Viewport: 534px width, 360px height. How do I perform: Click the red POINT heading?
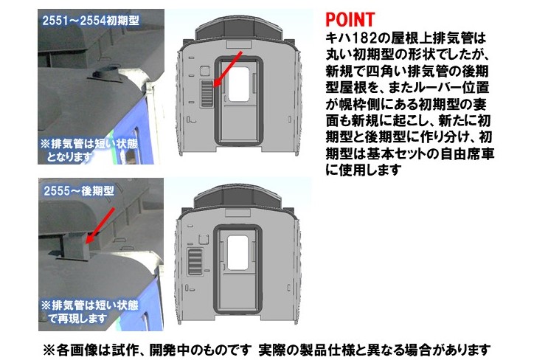[x=350, y=19]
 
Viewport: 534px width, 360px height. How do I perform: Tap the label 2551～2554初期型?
[x=91, y=21]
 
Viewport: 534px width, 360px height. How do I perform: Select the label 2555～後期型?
[x=79, y=191]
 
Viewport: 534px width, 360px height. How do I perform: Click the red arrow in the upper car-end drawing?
[x=227, y=69]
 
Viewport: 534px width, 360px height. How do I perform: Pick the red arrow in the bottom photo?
[x=99, y=226]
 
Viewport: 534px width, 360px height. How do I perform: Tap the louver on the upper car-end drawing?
[x=206, y=94]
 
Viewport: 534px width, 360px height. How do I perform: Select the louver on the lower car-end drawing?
[x=195, y=262]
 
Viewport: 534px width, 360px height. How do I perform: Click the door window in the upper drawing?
[x=239, y=84]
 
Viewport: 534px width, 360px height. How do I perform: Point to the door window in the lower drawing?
[x=237, y=252]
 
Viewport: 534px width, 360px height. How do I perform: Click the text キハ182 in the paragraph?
[x=350, y=38]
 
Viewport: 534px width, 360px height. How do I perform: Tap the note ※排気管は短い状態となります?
[x=89, y=150]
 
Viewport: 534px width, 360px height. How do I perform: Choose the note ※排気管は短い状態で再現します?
[x=90, y=311]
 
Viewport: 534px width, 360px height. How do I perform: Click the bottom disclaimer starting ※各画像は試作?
[x=267, y=350]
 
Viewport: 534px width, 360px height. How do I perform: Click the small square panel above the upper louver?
[x=205, y=71]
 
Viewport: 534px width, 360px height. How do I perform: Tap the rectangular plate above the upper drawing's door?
[x=238, y=44]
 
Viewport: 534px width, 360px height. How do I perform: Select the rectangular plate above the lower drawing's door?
[x=237, y=213]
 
